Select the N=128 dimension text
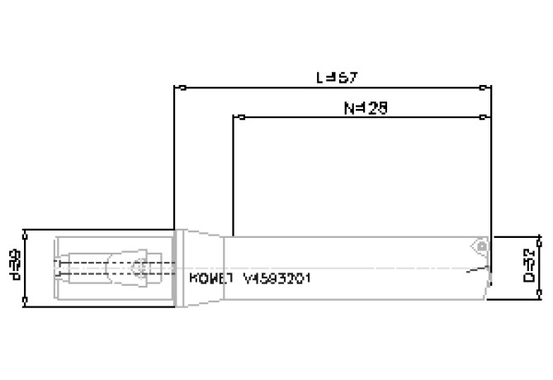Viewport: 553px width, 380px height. coord(364,107)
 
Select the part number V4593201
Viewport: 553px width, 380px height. coord(276,278)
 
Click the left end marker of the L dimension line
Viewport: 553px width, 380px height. coord(182,87)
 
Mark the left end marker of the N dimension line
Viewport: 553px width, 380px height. coord(241,116)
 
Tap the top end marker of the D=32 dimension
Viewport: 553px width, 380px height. coord(540,240)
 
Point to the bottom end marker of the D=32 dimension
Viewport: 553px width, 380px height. coord(540,292)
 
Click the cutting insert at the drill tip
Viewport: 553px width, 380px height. coord(479,245)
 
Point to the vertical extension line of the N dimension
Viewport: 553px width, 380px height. coord(234,173)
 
